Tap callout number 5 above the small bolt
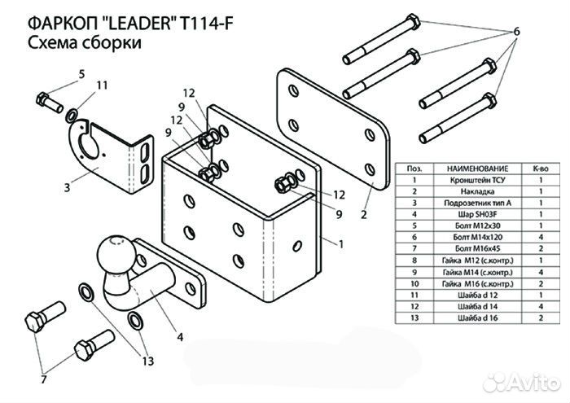click(81, 75)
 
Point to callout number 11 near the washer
click(102, 85)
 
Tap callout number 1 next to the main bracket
click(340, 243)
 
